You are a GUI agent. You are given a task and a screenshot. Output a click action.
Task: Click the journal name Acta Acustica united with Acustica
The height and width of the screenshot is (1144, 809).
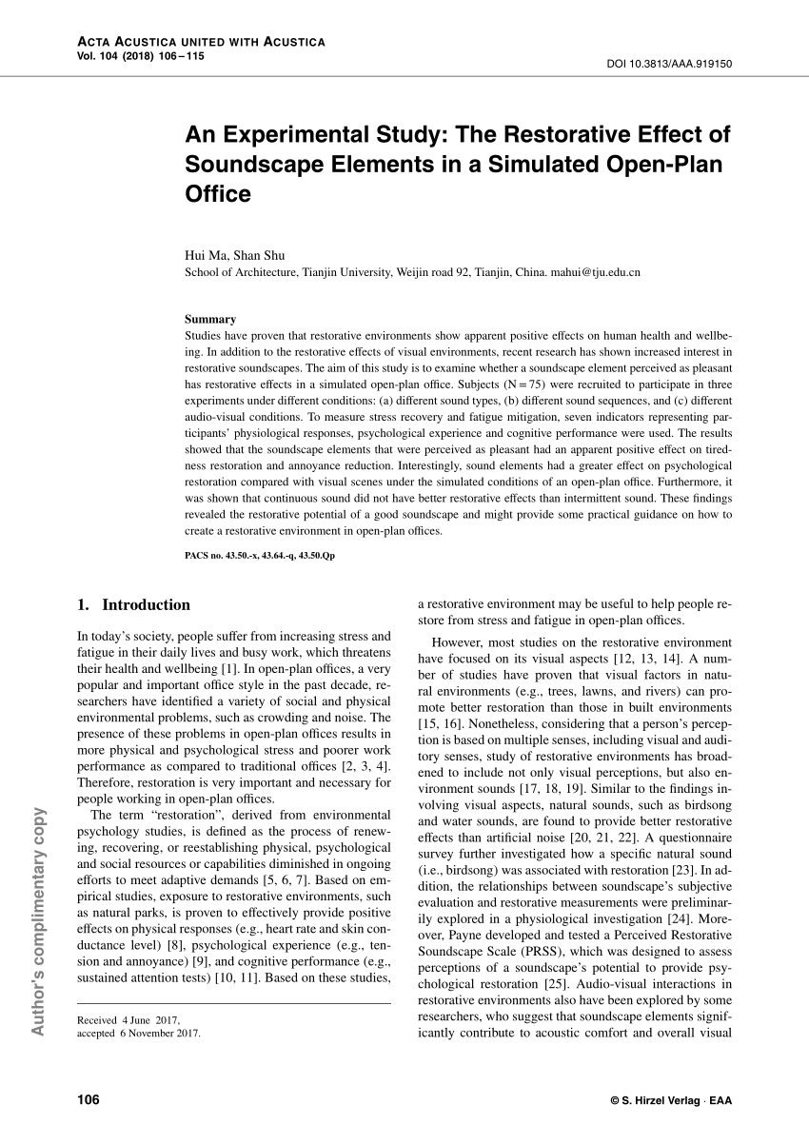[x=200, y=43]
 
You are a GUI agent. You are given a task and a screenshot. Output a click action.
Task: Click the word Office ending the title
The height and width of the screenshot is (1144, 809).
[x=218, y=194]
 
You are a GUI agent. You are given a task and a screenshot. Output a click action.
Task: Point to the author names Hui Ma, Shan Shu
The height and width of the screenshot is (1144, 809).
[x=227, y=255]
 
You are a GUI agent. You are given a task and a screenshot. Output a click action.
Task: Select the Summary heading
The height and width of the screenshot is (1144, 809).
[x=210, y=320]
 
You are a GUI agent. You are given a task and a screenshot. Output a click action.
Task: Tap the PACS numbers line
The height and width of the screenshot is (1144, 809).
[x=259, y=554]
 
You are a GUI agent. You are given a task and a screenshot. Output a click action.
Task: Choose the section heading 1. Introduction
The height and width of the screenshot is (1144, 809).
[x=133, y=604]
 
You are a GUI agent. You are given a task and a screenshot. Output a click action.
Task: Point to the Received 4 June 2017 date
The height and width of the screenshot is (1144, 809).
[x=128, y=1019]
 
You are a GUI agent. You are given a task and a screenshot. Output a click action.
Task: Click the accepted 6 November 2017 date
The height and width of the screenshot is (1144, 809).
[x=139, y=1032]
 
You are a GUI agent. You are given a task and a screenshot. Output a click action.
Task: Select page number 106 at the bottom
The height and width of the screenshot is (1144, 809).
[x=89, y=1100]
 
